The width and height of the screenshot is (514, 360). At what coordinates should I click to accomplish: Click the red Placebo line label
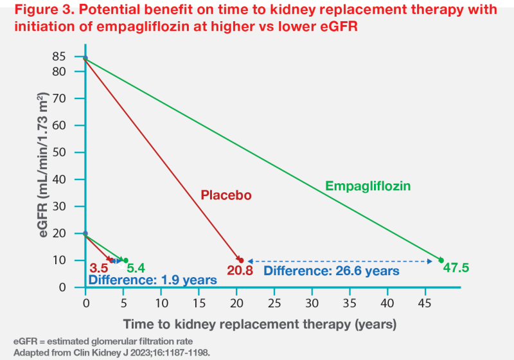click(x=226, y=195)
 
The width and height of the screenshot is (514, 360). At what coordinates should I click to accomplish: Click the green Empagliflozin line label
click(x=368, y=186)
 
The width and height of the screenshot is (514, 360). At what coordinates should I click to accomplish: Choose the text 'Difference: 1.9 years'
click(x=152, y=280)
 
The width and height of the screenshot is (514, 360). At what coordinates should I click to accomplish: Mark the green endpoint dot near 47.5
click(x=441, y=260)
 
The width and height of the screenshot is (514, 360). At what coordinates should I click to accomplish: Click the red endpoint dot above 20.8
click(x=241, y=260)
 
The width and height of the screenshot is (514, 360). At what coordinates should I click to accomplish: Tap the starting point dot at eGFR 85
click(x=85, y=58)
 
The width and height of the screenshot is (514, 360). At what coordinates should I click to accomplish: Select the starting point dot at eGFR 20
click(x=85, y=233)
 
